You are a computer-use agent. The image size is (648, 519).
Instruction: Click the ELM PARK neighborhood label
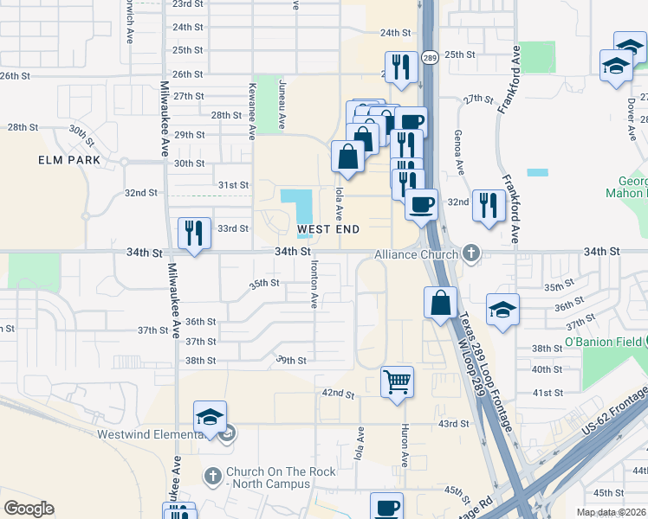[69, 160]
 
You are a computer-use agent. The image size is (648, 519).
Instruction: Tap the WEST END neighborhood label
[328, 229]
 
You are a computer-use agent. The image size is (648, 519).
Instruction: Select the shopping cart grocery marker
[397, 381]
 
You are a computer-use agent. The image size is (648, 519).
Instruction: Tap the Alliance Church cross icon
[470, 253]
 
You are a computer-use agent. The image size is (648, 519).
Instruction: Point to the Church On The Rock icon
[214, 476]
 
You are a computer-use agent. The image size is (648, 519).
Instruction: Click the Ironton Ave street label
[314, 285]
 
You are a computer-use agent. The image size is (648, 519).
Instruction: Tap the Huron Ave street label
[405, 442]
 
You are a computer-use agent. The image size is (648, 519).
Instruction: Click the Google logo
[29, 509]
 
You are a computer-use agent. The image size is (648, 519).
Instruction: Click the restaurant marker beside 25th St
[400, 67]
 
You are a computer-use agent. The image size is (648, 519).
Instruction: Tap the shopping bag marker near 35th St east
[440, 304]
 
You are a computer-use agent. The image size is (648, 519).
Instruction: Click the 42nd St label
[339, 394]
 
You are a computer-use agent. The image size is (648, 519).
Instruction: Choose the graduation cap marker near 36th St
[502, 310]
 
